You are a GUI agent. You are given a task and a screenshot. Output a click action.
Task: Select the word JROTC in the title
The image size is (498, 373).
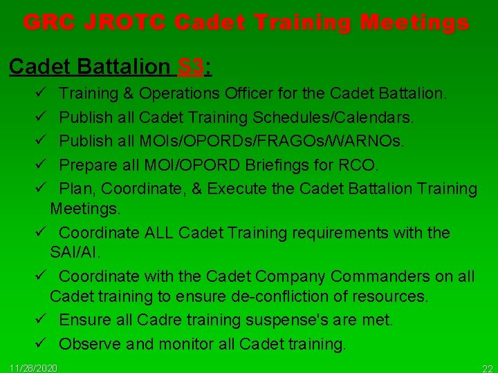(129, 23)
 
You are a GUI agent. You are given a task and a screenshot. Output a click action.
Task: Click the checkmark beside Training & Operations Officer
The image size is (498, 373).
(42, 93)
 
